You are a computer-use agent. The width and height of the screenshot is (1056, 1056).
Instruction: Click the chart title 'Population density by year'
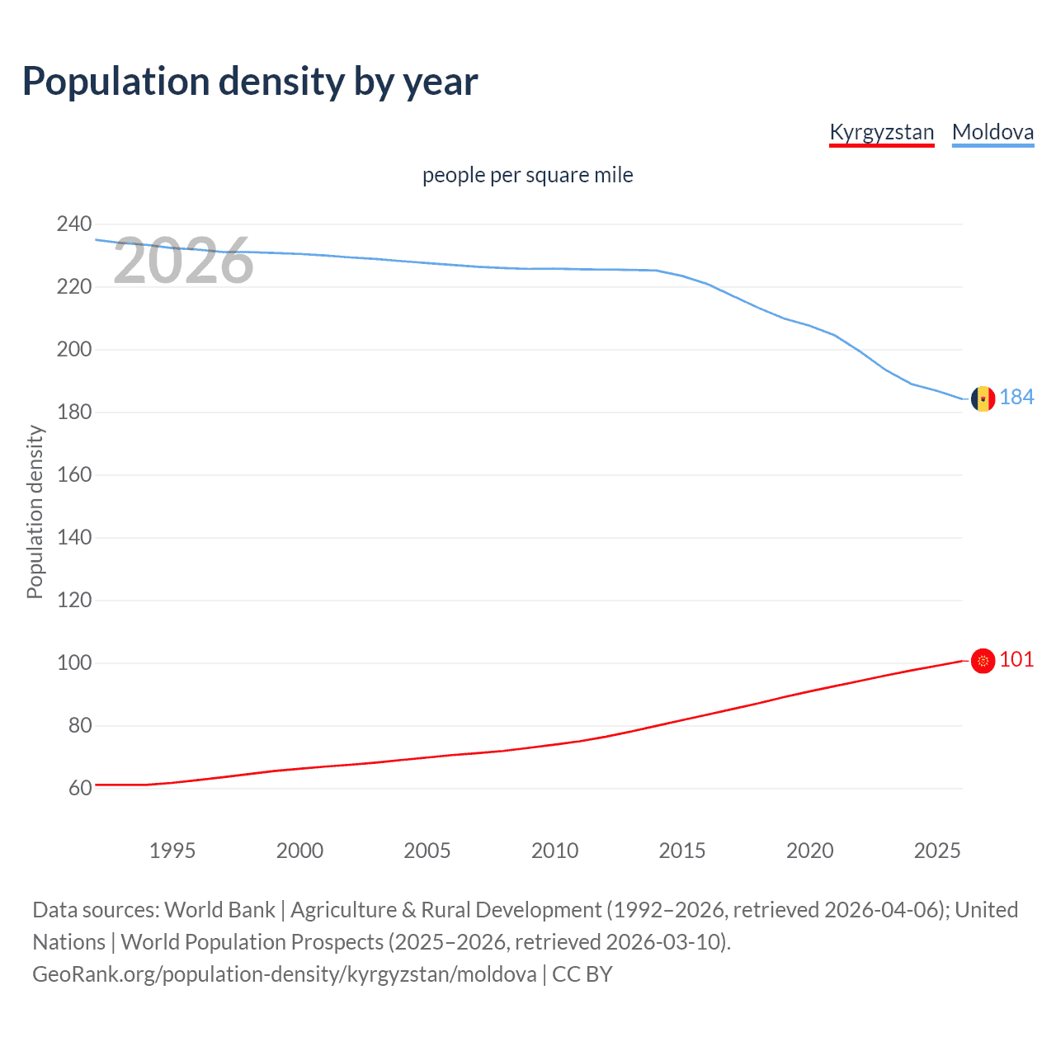click(250, 82)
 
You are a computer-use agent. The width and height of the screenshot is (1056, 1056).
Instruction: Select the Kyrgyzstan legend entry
click(881, 132)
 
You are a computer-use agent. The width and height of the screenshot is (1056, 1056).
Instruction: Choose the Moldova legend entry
click(992, 132)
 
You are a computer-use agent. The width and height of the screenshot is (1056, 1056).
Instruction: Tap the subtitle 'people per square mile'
click(528, 175)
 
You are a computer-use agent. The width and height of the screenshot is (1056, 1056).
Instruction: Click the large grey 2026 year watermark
click(183, 261)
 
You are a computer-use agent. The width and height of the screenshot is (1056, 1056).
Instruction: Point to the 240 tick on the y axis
click(74, 224)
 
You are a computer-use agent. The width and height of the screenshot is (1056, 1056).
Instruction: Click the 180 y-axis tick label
click(74, 412)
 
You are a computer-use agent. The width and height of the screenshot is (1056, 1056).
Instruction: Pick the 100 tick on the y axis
click(74, 662)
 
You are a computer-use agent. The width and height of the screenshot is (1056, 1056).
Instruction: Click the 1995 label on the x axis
click(172, 851)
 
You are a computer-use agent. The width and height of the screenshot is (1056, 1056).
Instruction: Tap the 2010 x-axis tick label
click(554, 851)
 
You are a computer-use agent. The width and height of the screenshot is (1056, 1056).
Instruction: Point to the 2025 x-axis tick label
click(937, 851)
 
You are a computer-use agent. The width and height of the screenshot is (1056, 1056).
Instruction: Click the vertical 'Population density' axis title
click(35, 511)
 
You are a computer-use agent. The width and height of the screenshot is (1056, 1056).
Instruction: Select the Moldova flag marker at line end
click(983, 399)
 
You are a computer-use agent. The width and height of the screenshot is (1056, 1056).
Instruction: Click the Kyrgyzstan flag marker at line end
click(983, 661)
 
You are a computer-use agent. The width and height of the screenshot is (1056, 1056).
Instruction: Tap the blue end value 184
click(1017, 398)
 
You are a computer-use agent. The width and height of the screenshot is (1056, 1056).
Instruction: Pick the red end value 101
click(1016, 659)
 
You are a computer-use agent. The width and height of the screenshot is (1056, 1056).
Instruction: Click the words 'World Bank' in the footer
click(219, 910)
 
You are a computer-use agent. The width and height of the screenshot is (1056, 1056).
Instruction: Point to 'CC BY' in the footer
click(582, 974)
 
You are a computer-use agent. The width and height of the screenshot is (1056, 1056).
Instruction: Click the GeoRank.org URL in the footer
click(285, 974)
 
